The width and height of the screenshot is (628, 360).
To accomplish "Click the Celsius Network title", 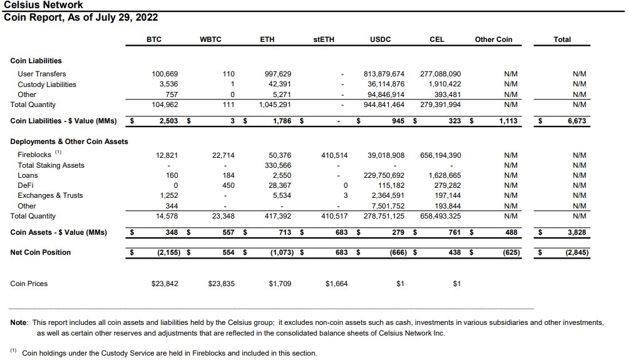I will pos(43,5).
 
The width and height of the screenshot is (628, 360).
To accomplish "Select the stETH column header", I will pos(324,39).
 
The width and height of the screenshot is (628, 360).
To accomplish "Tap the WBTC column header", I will pos(210,39).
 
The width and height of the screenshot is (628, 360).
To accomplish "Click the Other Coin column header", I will pos(493,39).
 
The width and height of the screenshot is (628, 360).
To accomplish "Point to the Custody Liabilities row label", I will pos(47,85).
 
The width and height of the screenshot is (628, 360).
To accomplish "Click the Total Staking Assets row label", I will pos(51,165).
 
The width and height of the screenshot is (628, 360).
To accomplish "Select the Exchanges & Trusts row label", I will pos(50,195).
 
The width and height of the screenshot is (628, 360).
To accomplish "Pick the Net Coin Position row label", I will pos(41,252).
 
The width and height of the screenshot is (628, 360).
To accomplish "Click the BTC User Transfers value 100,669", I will pos(165,74).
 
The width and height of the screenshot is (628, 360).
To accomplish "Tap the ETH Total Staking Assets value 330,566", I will pos(279,165).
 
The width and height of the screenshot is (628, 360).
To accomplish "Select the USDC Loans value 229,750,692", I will pos(384,175).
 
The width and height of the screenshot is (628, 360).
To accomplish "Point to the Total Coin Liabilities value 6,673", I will pos(577,121).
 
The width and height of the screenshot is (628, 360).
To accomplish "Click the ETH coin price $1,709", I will pos(280,284).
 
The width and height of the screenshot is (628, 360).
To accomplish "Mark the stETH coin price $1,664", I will pos(336,284).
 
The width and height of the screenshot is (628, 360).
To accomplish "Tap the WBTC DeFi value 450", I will pos(229,185).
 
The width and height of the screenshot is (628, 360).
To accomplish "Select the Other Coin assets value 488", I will pos(511,232).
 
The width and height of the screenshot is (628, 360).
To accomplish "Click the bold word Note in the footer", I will pos(19,322).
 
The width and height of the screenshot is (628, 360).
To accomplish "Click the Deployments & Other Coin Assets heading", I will pos(69,141).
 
